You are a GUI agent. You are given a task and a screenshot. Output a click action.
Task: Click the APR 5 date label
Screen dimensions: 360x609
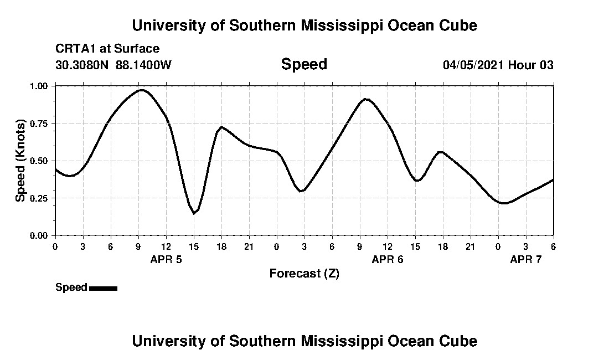(x=166, y=259)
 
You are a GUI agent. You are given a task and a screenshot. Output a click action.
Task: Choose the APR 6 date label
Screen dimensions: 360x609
(x=388, y=259)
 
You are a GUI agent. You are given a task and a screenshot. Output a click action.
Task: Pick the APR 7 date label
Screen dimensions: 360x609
(x=526, y=259)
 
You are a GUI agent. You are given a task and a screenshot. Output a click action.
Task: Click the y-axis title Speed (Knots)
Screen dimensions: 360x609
(x=20, y=160)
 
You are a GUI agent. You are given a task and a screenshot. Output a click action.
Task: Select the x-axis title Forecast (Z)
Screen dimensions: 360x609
(x=304, y=273)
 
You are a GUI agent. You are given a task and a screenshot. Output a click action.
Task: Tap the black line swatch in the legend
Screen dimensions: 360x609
(x=103, y=288)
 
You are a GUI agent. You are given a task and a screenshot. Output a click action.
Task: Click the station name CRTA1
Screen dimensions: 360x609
(x=74, y=49)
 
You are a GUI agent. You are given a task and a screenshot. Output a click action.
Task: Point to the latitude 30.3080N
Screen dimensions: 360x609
(x=82, y=65)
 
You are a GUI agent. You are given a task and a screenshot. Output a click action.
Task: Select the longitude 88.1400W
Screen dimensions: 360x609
(x=143, y=65)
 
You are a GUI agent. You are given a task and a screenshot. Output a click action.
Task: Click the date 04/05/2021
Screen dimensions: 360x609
(x=473, y=65)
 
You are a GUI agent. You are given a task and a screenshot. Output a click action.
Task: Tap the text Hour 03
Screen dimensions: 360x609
(x=531, y=65)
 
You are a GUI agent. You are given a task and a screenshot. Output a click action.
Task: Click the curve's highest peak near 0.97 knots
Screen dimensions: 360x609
(x=142, y=90)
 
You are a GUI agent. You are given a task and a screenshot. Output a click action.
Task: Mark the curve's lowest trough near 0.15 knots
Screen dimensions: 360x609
(x=194, y=213)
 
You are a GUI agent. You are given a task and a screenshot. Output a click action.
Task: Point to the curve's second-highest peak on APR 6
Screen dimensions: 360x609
(x=365, y=99)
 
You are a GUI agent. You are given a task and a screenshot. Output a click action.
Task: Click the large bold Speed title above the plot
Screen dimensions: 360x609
(x=304, y=64)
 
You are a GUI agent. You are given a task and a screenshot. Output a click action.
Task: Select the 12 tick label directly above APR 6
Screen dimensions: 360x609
(x=388, y=246)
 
